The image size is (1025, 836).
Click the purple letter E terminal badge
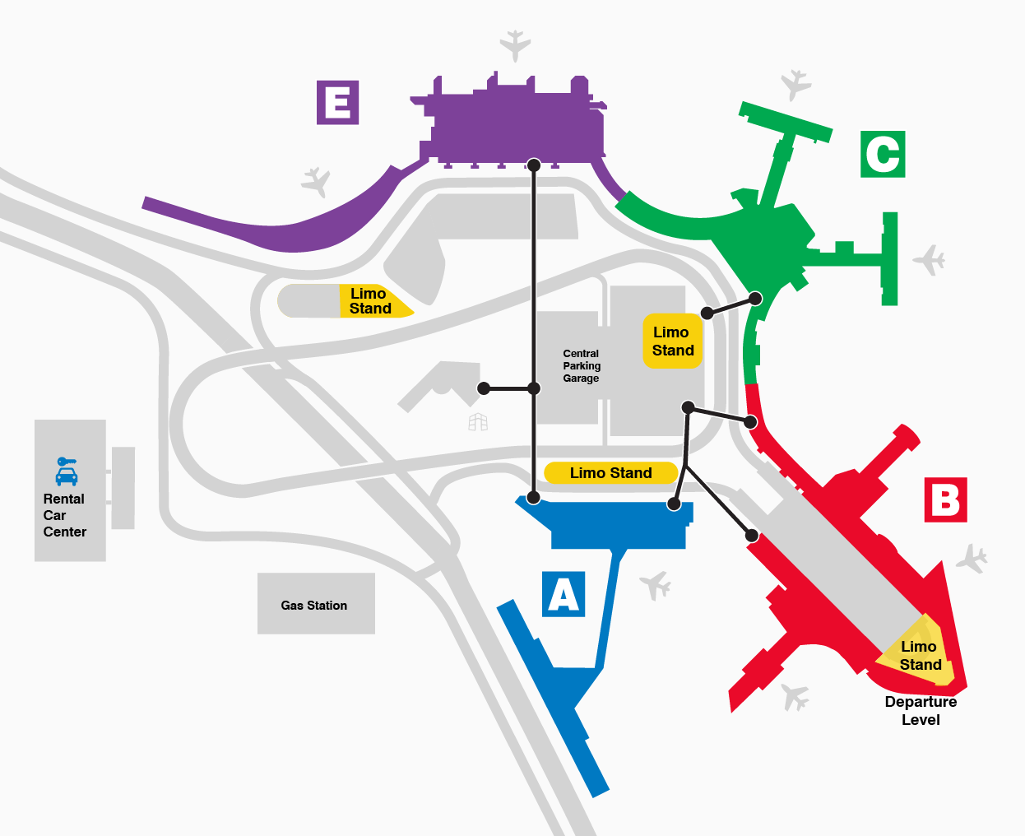click(x=337, y=103)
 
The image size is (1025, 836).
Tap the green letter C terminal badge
click(x=883, y=154)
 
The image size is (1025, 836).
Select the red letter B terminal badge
click(x=945, y=499)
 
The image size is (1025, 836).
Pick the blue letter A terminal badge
click(x=564, y=594)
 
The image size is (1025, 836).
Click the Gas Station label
click(x=314, y=606)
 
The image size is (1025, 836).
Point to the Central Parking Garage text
click(x=582, y=366)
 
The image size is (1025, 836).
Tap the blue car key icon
click(x=66, y=471)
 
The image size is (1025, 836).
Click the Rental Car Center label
click(x=64, y=515)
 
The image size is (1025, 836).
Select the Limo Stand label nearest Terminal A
click(x=610, y=473)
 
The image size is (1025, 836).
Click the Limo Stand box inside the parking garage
click(x=673, y=341)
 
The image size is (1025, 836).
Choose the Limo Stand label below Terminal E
click(x=370, y=301)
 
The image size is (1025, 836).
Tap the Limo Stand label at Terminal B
click(x=920, y=656)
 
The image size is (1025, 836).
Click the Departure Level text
click(x=921, y=710)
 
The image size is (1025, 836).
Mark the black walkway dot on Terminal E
click(x=534, y=165)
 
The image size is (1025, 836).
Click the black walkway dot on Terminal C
click(x=755, y=298)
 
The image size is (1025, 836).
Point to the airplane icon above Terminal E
click(x=515, y=44)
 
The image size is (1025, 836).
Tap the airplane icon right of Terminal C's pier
click(x=930, y=260)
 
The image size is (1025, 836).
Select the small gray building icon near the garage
click(x=478, y=422)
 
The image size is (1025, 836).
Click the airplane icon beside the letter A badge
click(x=656, y=585)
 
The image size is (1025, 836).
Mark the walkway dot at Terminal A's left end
click(x=533, y=497)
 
